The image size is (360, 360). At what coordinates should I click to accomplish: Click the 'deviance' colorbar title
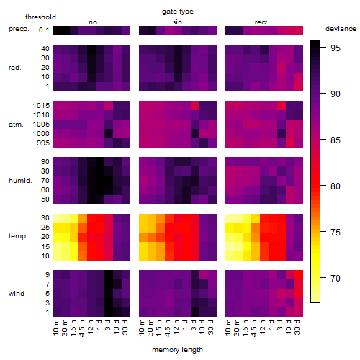(341, 29)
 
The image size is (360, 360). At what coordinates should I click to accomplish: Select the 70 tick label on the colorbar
(336, 279)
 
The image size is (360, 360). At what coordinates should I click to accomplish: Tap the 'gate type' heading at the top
(178, 12)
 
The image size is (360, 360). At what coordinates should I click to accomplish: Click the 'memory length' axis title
(178, 350)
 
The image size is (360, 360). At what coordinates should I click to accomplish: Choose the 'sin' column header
(177, 22)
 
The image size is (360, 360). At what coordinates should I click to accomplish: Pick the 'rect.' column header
(262, 22)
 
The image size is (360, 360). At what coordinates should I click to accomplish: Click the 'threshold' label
(40, 17)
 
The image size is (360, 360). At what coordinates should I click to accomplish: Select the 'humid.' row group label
(20, 181)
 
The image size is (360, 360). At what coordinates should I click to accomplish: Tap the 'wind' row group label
(17, 294)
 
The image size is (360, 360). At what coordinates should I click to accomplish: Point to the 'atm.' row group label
(16, 125)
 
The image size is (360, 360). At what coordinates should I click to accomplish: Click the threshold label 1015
(41, 106)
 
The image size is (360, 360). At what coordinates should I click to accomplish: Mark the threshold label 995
(43, 143)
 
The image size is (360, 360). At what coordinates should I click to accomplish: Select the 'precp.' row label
(19, 29)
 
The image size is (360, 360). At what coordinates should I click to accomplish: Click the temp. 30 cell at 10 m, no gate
(57, 218)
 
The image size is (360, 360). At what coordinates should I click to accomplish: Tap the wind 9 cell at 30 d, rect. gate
(299, 275)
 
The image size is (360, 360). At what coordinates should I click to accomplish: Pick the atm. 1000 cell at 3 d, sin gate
(195, 133)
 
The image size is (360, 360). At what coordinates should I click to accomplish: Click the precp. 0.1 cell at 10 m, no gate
(57, 30)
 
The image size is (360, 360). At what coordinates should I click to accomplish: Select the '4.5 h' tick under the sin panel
(168, 328)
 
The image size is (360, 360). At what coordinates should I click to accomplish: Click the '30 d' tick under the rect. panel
(297, 327)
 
